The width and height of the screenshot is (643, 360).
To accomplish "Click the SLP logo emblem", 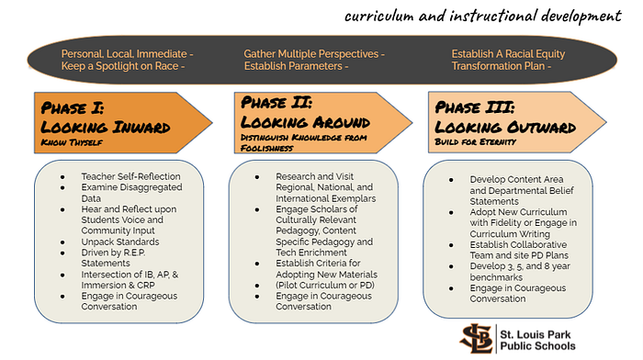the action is [476, 338].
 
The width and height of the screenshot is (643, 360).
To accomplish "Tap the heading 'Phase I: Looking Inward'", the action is [106, 118].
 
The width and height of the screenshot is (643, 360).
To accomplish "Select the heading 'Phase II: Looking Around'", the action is [305, 112].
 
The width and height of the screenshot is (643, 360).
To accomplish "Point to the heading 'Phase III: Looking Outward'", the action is [505, 118].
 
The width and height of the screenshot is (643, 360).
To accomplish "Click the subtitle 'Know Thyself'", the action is [72, 142].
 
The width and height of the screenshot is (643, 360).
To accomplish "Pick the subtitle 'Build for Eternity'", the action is [475, 141].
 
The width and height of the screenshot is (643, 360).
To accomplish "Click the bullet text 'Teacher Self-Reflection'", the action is [130, 176].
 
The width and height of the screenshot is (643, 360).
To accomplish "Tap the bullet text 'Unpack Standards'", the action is [120, 242].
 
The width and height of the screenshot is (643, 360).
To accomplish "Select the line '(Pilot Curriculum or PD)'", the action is [325, 285].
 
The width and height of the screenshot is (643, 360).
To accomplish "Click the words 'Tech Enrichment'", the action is [311, 253].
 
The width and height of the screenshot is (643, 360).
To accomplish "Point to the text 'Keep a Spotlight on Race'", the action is [119, 66].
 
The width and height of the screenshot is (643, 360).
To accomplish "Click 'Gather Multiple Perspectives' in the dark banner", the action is [311, 53].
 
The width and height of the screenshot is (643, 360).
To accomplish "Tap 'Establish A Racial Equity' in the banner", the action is [509, 53].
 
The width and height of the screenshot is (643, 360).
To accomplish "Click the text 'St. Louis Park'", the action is [536, 334].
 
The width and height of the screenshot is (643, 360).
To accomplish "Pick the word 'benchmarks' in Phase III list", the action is [496, 277].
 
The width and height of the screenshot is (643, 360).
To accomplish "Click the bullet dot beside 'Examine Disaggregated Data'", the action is [62, 187].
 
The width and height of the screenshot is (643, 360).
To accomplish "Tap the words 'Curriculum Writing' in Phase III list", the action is [510, 233].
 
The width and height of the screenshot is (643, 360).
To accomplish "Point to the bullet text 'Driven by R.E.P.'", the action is [113, 253].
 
